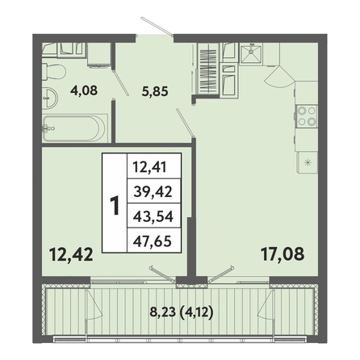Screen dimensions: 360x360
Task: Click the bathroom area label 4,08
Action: (x=84, y=90)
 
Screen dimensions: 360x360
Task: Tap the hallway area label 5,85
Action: (x=155, y=91)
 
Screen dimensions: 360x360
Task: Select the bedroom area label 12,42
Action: (x=71, y=254)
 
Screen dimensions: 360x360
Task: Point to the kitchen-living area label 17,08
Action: (x=283, y=253)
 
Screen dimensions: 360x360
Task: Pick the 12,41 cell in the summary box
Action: (x=149, y=166)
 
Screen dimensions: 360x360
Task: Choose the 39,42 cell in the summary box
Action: (x=153, y=191)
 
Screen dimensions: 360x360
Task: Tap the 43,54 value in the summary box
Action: (x=153, y=216)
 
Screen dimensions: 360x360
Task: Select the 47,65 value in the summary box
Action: (x=153, y=241)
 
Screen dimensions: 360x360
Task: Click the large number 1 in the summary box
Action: (x=115, y=206)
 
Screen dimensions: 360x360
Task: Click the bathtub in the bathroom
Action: (x=75, y=128)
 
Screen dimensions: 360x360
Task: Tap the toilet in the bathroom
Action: (x=54, y=72)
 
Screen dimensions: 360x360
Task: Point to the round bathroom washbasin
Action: (x=50, y=98)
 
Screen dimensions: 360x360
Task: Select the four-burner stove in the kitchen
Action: (x=307, y=116)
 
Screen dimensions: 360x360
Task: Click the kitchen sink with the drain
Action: (x=251, y=53)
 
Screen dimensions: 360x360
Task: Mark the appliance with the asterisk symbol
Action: (x=308, y=162)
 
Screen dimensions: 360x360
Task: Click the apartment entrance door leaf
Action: (x=157, y=27)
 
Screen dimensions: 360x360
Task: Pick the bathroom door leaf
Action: (x=120, y=82)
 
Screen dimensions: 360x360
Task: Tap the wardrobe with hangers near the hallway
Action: (x=208, y=69)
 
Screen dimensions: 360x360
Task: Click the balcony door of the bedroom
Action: (x=164, y=274)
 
